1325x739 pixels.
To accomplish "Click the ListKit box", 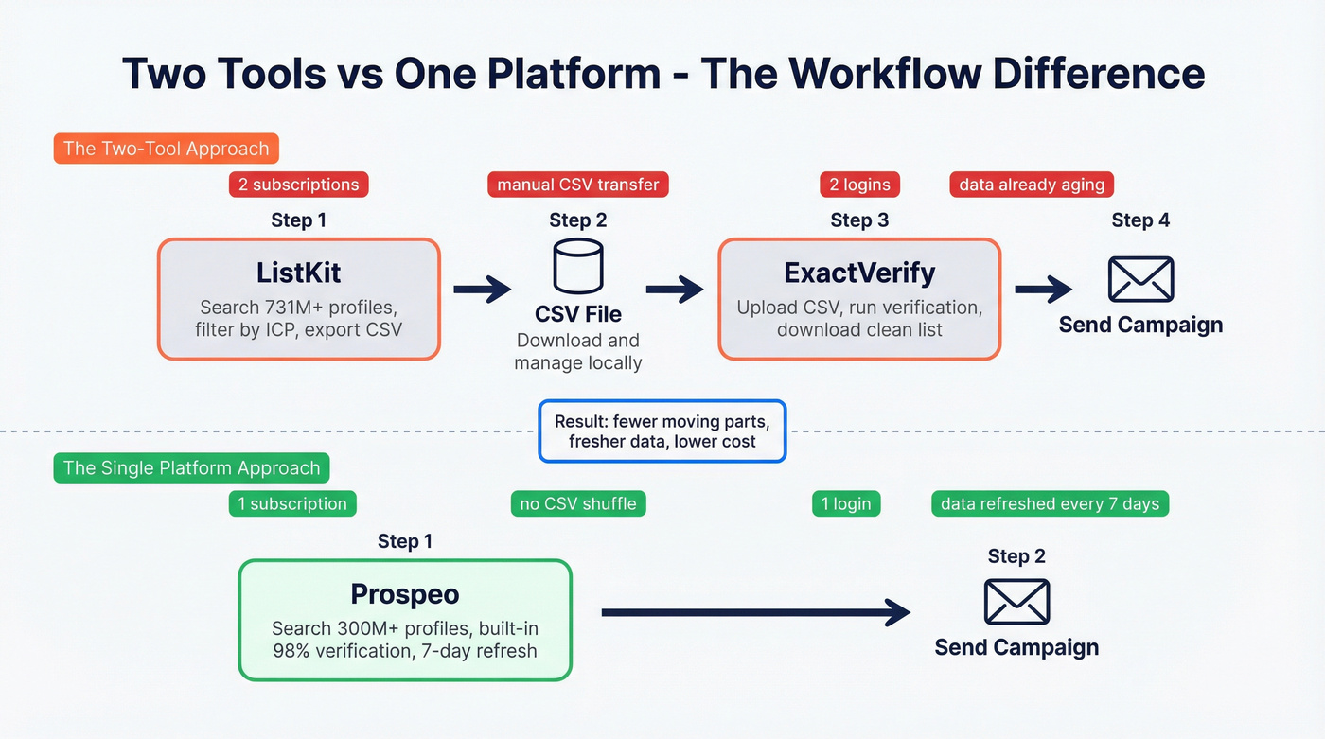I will (298, 299).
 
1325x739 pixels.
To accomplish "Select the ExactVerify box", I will (859, 299).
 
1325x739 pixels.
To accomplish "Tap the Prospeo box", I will (405, 620).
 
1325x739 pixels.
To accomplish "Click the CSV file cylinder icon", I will (577, 266).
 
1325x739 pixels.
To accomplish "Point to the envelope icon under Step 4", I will (1140, 280).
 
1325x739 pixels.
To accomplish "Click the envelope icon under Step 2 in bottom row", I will (1016, 602).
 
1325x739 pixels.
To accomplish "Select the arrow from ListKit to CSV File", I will (483, 290).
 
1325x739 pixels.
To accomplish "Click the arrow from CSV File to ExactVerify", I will (675, 290).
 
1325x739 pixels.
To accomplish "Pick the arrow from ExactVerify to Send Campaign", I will (1044, 290).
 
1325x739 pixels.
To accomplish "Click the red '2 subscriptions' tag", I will (298, 185).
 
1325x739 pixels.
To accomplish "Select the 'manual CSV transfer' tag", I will (577, 185).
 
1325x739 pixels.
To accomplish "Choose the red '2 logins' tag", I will (859, 185).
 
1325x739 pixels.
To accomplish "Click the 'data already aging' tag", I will (1032, 185).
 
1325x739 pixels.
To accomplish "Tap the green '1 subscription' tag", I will (292, 503).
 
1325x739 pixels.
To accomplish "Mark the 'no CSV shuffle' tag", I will (577, 503).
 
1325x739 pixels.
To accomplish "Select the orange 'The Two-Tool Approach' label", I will (166, 149).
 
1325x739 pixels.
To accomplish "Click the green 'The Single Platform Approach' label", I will (191, 467).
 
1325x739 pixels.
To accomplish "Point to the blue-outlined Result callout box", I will (662, 431).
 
